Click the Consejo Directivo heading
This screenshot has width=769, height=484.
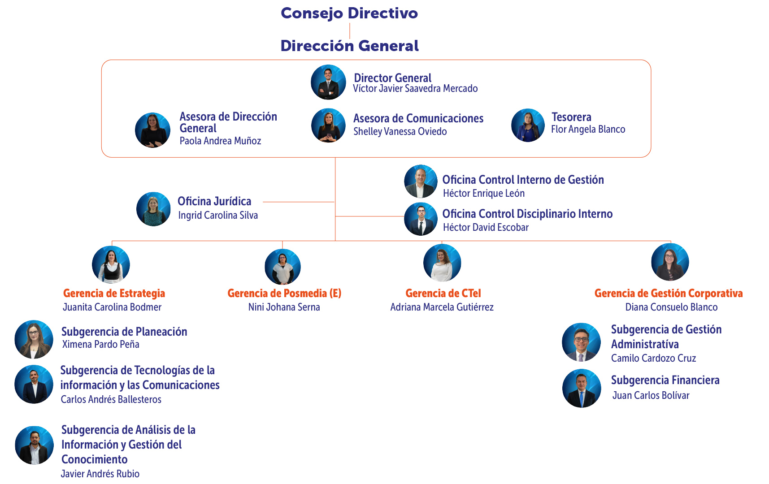pos(349,13)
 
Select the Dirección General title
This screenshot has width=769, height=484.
pos(349,46)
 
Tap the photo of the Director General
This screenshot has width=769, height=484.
pos(328,82)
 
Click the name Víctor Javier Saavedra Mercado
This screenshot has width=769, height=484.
pos(415,89)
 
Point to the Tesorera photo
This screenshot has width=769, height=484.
pos(528,125)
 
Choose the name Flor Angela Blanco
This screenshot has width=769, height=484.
pos(588,130)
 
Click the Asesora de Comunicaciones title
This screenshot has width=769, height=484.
pos(418,118)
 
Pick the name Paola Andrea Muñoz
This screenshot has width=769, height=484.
pos(220,141)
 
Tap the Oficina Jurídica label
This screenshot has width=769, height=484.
pos(214,202)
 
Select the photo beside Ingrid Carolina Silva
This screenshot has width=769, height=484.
pos(153,209)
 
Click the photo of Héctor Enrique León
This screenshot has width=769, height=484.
pos(421,181)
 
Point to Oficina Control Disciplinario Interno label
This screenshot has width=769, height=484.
pos(527,214)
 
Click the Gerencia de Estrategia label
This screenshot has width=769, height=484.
pos(114,294)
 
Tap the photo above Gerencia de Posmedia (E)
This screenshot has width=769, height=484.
pos(282,267)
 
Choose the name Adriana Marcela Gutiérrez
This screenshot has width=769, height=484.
pos(442,307)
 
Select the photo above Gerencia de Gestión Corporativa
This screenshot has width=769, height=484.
pos(670,262)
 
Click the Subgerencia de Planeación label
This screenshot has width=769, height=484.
pos(124,332)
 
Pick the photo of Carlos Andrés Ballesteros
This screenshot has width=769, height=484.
pos(34,384)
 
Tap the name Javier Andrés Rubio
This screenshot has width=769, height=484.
pos(100,474)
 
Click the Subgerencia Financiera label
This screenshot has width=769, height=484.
pos(665,380)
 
